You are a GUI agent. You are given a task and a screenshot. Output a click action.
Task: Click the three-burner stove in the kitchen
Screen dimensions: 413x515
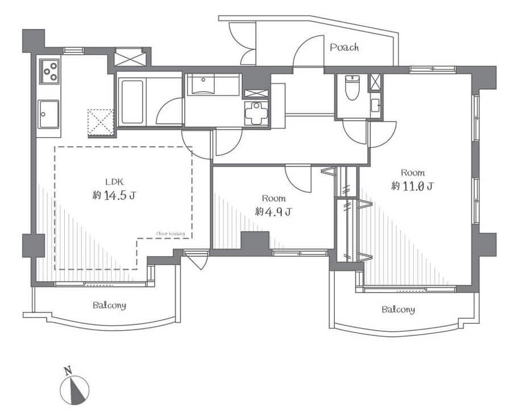click(x=49, y=71)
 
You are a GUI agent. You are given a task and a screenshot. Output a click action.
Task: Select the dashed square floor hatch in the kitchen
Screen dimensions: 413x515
click(x=101, y=122)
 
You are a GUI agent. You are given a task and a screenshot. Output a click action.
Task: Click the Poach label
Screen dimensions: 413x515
click(x=344, y=48)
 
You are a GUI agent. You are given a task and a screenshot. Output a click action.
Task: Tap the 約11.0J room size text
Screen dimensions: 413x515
click(x=413, y=186)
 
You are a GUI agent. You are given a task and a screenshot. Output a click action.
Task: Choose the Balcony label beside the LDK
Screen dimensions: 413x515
click(x=110, y=305)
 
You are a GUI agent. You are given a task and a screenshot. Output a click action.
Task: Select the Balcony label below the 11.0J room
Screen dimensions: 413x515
click(x=398, y=310)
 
